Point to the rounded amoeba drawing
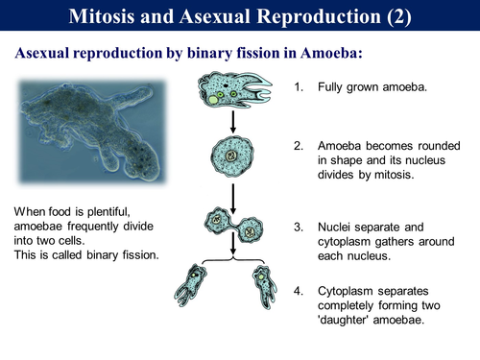(x=230, y=156)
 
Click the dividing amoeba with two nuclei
(x=232, y=228)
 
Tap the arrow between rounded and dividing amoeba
(x=230, y=194)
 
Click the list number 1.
(x=299, y=88)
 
